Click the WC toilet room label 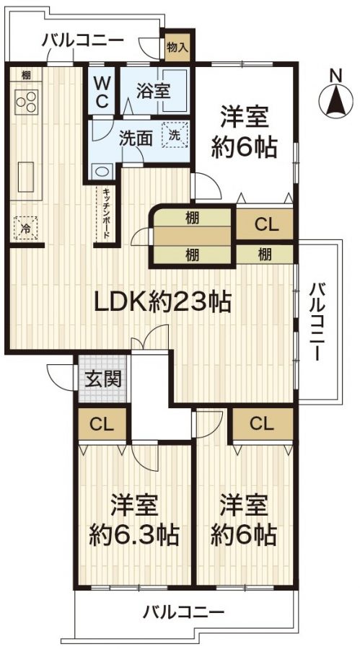click(x=102, y=92)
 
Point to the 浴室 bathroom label click(x=153, y=92)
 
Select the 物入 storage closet click(x=177, y=48)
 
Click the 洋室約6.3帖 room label click(x=134, y=521)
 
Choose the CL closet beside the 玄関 click(x=102, y=424)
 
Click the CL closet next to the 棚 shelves click(x=265, y=224)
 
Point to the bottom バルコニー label click(x=183, y=614)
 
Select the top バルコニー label click(x=82, y=40)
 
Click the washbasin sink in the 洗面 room click(x=101, y=172)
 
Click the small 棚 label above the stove click(x=26, y=74)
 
